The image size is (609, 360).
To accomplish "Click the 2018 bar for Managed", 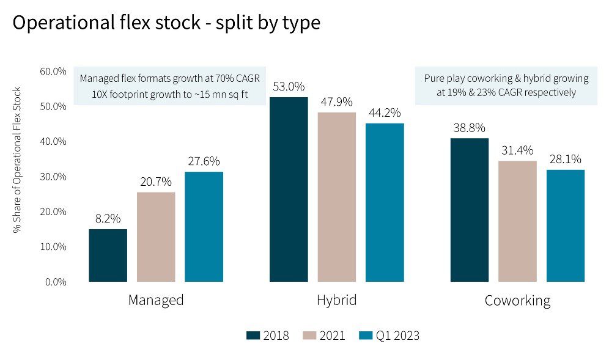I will pyautogui.click(x=108, y=255).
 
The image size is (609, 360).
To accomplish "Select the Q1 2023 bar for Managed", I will pyautogui.click(x=204, y=227).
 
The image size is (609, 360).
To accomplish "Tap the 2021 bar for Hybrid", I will pyautogui.click(x=337, y=197).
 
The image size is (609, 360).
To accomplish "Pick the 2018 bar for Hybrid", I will pyautogui.click(x=289, y=189).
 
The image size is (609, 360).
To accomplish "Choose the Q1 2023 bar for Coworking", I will pyautogui.click(x=565, y=226).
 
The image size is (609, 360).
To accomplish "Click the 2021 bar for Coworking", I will pyautogui.click(x=517, y=221).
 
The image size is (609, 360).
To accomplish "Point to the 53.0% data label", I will pyautogui.click(x=289, y=87).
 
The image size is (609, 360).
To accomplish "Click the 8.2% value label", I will pyautogui.click(x=108, y=219).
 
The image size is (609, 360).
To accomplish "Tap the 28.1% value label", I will pyautogui.click(x=565, y=160).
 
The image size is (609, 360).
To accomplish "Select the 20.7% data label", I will pyautogui.click(x=156, y=182).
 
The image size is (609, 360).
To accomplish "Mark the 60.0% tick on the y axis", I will pyautogui.click(x=53, y=71).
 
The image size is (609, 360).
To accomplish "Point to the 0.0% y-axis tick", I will pyautogui.click(x=55, y=282).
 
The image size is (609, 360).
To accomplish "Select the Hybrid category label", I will pyautogui.click(x=336, y=301).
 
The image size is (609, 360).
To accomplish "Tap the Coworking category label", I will pyautogui.click(x=517, y=301).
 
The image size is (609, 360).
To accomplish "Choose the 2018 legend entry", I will pyautogui.click(x=267, y=336).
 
